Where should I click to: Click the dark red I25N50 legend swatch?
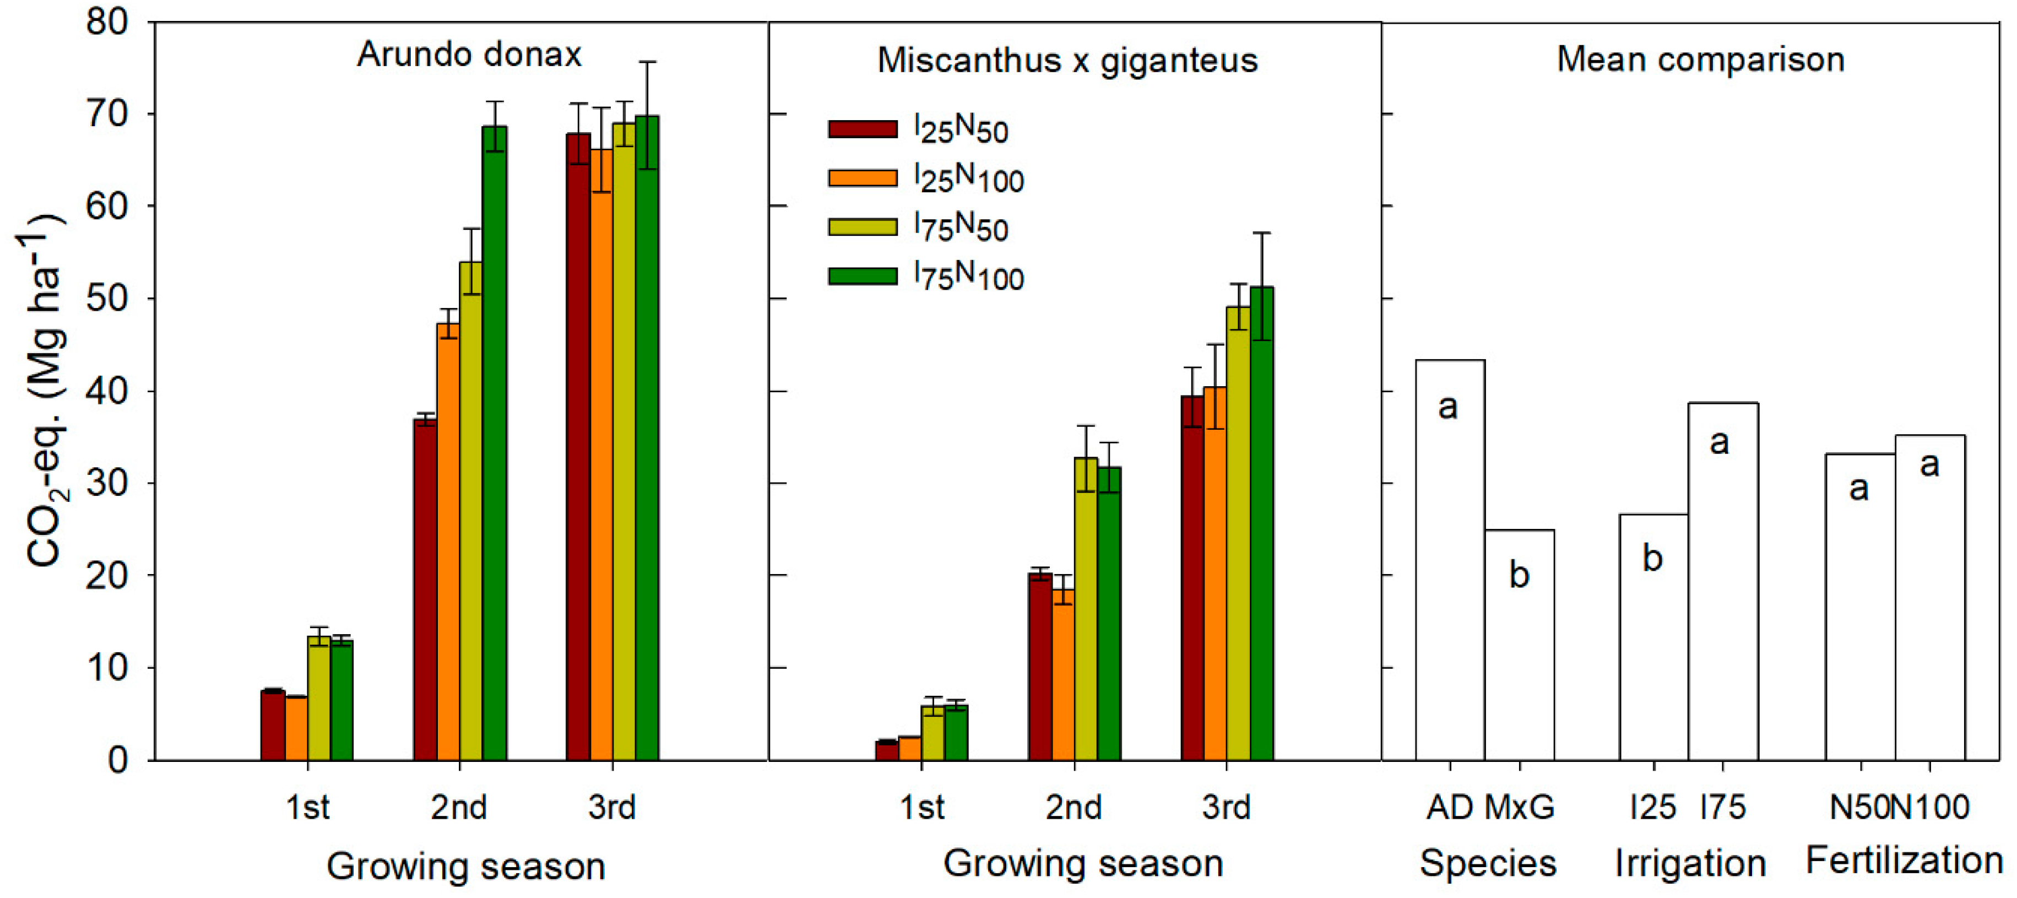click(x=862, y=129)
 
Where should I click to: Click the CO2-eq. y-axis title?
click(x=43, y=392)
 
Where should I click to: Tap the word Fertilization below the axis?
click(x=1904, y=861)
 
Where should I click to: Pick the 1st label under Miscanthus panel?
click(x=921, y=807)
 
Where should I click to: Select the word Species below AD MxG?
click(x=1488, y=863)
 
